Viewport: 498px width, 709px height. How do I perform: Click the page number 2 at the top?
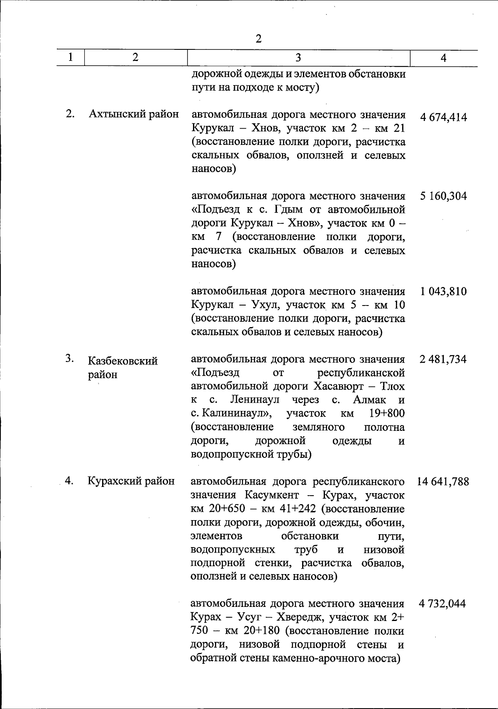pos(259,39)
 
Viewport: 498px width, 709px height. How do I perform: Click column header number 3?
pos(298,58)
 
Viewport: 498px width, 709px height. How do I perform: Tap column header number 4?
pos(444,58)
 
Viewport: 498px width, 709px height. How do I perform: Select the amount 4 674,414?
pos(443,117)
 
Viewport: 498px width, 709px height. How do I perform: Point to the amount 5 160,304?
pos(443,196)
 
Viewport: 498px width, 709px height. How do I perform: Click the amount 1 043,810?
pos(443,291)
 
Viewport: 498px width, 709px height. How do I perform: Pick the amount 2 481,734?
pos(443,359)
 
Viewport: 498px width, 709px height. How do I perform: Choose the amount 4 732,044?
pos(442,604)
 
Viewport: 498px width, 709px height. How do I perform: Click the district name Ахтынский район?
pos(134,114)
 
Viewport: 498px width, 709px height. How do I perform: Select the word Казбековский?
pos(123,361)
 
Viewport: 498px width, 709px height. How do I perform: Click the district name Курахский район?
pos(131,481)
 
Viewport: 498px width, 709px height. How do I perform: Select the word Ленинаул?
pos(255,400)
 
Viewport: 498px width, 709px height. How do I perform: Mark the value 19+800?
pos(386,413)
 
